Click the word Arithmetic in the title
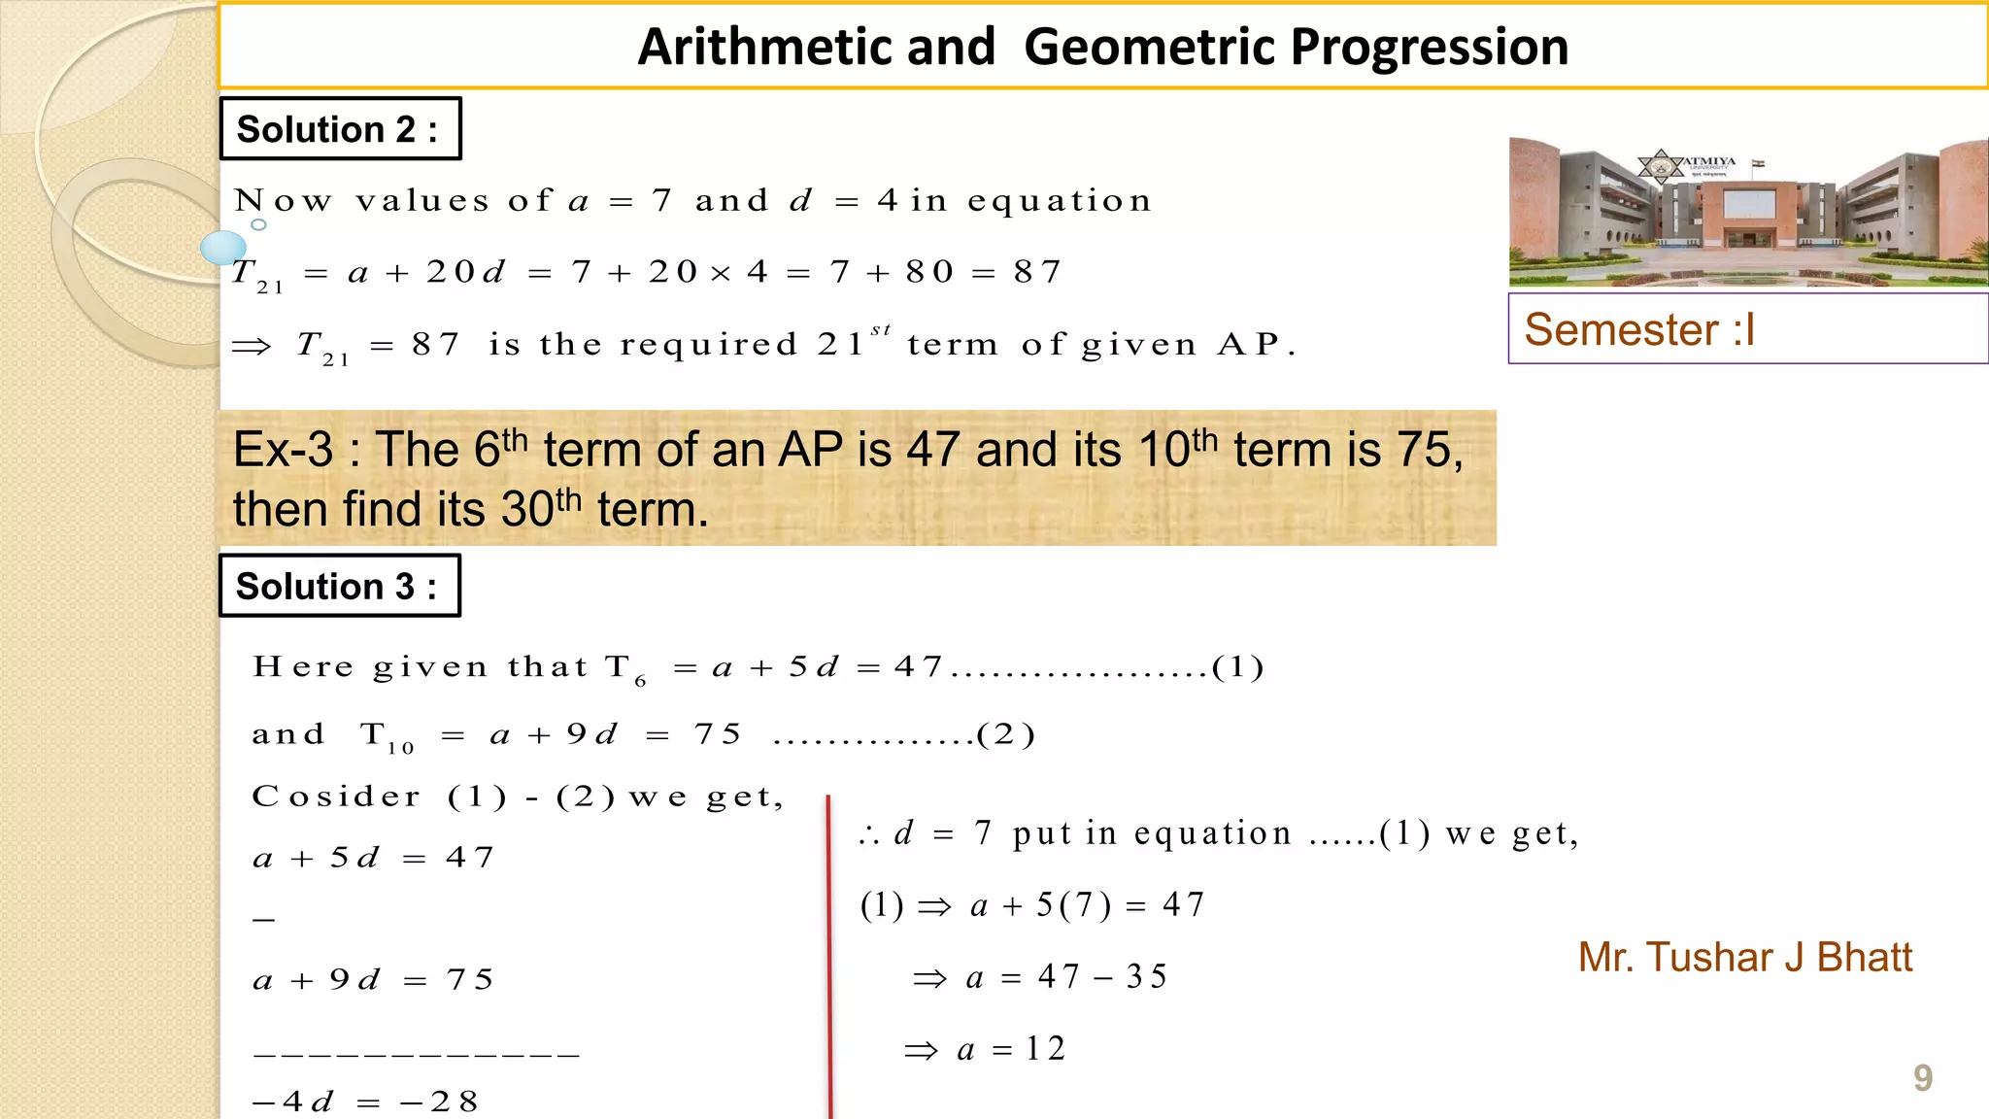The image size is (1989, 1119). tap(816, 47)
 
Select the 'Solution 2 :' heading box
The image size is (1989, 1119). tap(340, 128)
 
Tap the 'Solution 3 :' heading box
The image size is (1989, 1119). tap(339, 586)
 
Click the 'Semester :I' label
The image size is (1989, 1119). tap(1639, 330)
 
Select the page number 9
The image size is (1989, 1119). tap(1922, 1078)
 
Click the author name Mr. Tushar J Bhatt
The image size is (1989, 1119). tap(1744, 958)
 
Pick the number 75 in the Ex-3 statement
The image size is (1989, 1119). tap(1424, 451)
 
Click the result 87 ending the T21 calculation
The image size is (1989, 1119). tap(1037, 272)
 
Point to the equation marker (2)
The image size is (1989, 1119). tap(1006, 735)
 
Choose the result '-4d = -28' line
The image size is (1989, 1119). tap(365, 1102)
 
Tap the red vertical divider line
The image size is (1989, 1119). tap(829, 952)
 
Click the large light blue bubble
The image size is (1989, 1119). tap(222, 248)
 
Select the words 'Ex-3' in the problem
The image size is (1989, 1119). tap(283, 451)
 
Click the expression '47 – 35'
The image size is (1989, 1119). tap(1102, 977)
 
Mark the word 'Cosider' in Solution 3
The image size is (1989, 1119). tap(336, 797)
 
